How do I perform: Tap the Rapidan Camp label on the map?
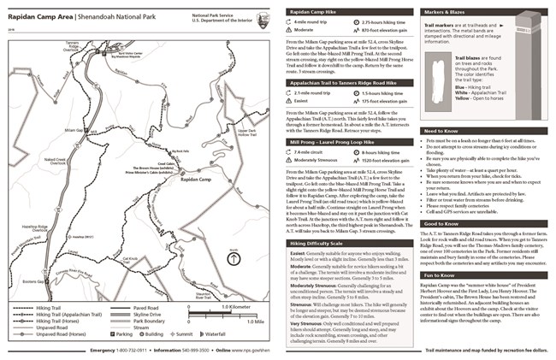point(195,179)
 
